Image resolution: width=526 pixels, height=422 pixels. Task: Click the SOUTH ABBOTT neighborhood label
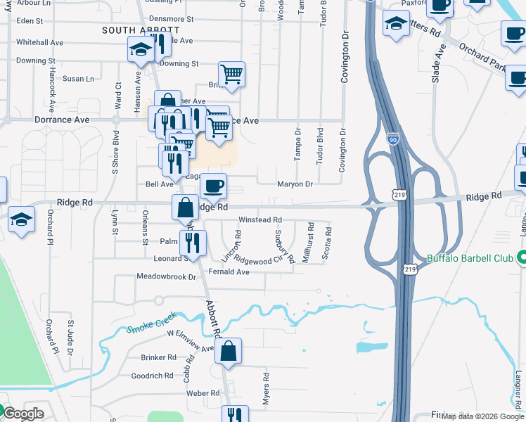141,30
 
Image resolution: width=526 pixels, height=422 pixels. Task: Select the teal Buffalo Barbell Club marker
521,258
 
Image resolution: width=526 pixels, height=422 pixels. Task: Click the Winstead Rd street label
260,219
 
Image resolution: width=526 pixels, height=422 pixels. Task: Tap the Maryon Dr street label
294,184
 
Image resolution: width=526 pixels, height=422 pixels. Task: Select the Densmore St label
172,18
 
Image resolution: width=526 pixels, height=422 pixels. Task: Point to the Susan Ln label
78,79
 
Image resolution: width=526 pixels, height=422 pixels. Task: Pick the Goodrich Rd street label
152,376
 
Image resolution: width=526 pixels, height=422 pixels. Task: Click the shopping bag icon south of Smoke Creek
229,352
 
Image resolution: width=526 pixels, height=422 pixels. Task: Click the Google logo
23,414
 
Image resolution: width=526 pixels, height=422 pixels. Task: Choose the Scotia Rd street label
326,243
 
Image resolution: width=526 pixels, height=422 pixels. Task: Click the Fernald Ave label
229,271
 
